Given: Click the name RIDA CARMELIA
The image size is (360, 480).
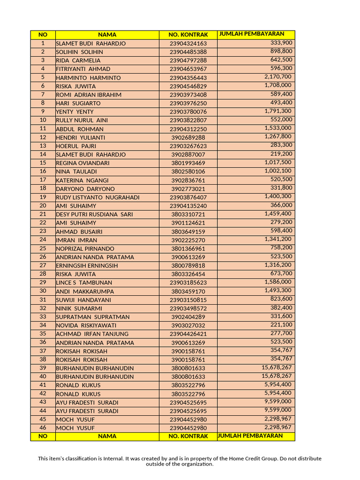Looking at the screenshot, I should point(78,60).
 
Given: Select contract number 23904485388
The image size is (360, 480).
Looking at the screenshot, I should point(188,52).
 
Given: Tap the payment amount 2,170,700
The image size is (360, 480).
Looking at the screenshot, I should point(277,77).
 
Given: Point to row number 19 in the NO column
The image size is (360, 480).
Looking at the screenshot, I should point(43,197).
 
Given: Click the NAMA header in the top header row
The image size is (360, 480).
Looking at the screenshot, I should point(107,35).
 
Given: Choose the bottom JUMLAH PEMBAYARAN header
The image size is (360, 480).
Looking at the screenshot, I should point(250,436).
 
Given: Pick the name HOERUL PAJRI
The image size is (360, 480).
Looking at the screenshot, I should point(76,146).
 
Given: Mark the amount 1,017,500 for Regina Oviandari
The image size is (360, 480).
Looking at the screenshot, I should point(277,162).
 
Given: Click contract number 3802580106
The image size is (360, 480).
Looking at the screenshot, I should point(188,172).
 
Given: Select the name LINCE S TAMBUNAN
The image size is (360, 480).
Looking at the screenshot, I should point(84,283).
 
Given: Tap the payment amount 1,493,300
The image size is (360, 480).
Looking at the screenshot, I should point(277,291).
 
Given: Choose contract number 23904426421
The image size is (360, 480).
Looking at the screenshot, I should point(188,334).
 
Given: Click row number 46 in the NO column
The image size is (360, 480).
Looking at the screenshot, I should point(43,427).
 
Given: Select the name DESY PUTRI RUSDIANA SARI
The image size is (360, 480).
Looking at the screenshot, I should point(94,214).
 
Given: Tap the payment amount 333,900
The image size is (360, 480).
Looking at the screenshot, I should point(281,43).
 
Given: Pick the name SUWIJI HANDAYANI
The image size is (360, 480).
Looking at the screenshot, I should point(83,300).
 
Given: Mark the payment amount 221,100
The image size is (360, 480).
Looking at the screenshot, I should point(281,325).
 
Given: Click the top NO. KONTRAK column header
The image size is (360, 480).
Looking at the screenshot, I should point(188,35).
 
